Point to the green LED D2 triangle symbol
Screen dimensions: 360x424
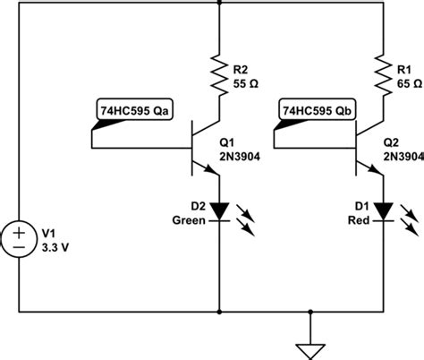tap(218, 211)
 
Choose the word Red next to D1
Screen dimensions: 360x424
tap(365, 218)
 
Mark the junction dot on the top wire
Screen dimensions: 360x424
tap(218, 4)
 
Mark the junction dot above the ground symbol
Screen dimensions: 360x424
tap(310, 313)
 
